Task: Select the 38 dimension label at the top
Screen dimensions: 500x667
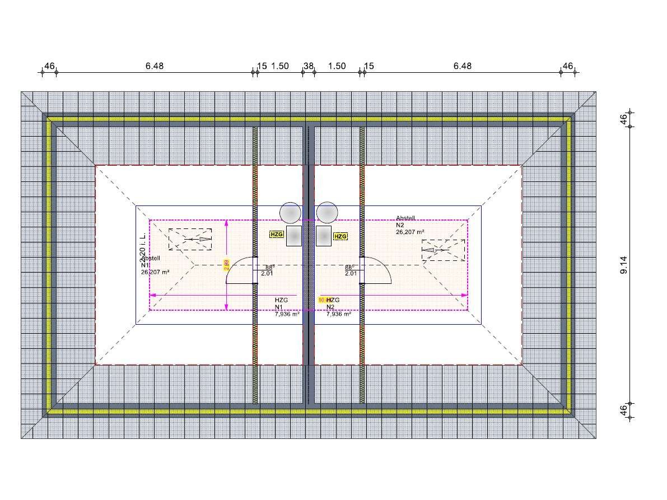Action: (x=308, y=66)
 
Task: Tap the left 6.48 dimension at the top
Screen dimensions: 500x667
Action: (x=155, y=66)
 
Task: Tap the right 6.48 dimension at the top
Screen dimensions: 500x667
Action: (x=462, y=66)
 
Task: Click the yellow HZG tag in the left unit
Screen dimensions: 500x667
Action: (x=277, y=235)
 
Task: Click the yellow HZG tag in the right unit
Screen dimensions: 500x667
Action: (x=340, y=236)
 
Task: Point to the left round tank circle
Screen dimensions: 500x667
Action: (x=290, y=213)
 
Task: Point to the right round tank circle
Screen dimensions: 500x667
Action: (x=327, y=213)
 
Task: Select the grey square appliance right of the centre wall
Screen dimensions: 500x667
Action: (x=323, y=236)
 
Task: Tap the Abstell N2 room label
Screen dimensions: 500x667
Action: (x=409, y=225)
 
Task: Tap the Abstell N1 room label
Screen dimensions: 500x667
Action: (x=153, y=265)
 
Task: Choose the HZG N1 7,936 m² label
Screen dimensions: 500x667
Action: (x=286, y=307)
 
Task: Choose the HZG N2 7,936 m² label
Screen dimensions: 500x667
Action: (x=338, y=307)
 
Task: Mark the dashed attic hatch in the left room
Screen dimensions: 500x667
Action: (x=191, y=239)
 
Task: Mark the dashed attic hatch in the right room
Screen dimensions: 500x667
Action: (x=443, y=250)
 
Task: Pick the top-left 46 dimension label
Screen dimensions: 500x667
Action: (x=49, y=66)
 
